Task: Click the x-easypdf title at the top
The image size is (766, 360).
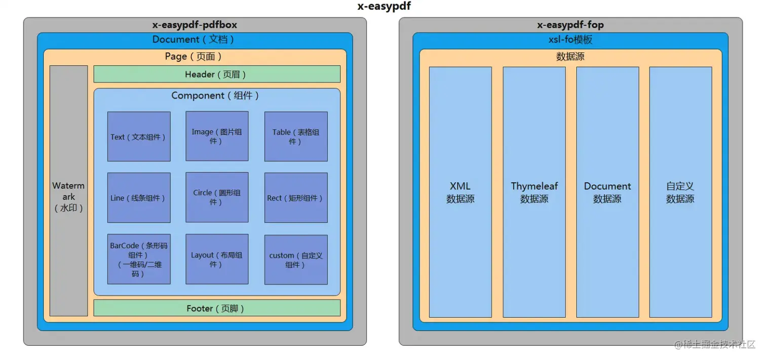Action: point(384,7)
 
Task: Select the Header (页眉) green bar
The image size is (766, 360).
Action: point(216,74)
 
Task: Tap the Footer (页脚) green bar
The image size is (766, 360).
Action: point(216,308)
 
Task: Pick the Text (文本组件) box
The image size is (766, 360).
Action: point(139,137)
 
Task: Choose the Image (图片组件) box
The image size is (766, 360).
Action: point(217,137)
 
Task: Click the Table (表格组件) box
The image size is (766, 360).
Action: point(296,137)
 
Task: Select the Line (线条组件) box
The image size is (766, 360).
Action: point(139,198)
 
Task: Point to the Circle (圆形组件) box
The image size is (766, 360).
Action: point(217,197)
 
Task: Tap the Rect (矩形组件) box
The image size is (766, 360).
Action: point(296,198)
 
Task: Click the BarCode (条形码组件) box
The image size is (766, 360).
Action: point(139,259)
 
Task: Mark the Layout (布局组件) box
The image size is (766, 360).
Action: point(217,259)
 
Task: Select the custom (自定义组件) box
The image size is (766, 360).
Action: point(296,259)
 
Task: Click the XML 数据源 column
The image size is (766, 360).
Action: point(460,192)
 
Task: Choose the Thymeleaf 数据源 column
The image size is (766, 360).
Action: point(534,192)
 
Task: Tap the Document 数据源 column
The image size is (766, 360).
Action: point(607,192)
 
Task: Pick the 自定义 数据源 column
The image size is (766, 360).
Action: point(680,192)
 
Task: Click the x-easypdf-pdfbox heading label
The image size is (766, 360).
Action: point(195,25)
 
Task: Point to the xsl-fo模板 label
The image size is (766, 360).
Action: point(570,39)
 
